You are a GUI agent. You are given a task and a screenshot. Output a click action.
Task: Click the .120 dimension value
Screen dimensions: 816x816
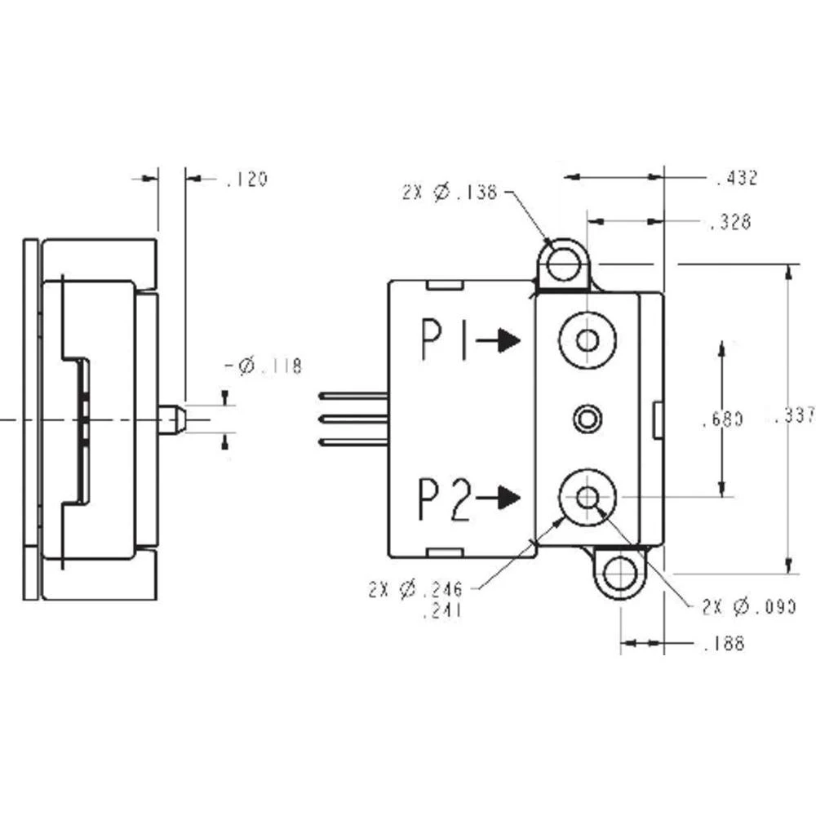click(x=246, y=180)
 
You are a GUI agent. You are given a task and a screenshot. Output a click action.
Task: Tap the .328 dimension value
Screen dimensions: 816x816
click(x=730, y=222)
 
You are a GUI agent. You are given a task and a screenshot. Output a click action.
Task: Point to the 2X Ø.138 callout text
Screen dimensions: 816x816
click(x=450, y=193)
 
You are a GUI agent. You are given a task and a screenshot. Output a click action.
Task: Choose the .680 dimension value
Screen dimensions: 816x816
click(x=722, y=420)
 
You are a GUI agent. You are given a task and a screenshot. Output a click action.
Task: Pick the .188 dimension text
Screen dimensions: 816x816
click(x=724, y=644)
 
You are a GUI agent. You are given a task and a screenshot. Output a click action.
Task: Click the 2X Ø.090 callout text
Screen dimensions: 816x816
click(x=748, y=607)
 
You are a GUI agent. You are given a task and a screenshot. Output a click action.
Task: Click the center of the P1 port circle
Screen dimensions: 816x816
click(x=587, y=339)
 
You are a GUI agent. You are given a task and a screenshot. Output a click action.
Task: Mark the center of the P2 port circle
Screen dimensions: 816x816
click(x=587, y=496)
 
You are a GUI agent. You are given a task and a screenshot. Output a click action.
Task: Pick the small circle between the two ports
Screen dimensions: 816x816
click(x=586, y=419)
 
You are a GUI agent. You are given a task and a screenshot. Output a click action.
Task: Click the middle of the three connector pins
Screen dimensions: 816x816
click(x=353, y=419)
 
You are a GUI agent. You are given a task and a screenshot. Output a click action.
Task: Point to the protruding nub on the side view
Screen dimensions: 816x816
click(x=172, y=419)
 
